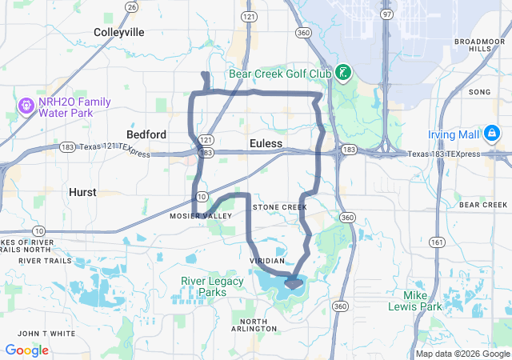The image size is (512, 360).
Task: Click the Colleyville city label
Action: pyautogui.click(x=118, y=32)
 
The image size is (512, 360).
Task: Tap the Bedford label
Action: pyautogui.click(x=146, y=134)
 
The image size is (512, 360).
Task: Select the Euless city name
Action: pyautogui.click(x=266, y=143)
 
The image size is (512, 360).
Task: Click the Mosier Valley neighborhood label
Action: pyautogui.click(x=200, y=216)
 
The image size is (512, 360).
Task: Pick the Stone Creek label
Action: pyautogui.click(x=279, y=207)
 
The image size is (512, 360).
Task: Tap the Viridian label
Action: pyautogui.click(x=267, y=262)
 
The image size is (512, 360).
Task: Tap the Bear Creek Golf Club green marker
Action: pyautogui.click(x=342, y=74)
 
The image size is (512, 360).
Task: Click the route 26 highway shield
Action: pyautogui.click(x=131, y=6)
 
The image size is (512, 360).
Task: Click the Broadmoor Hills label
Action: pyautogui.click(x=480, y=45)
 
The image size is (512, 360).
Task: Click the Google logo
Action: pyautogui.click(x=27, y=350)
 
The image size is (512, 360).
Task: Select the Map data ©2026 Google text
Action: pyautogui.click(x=462, y=354)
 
